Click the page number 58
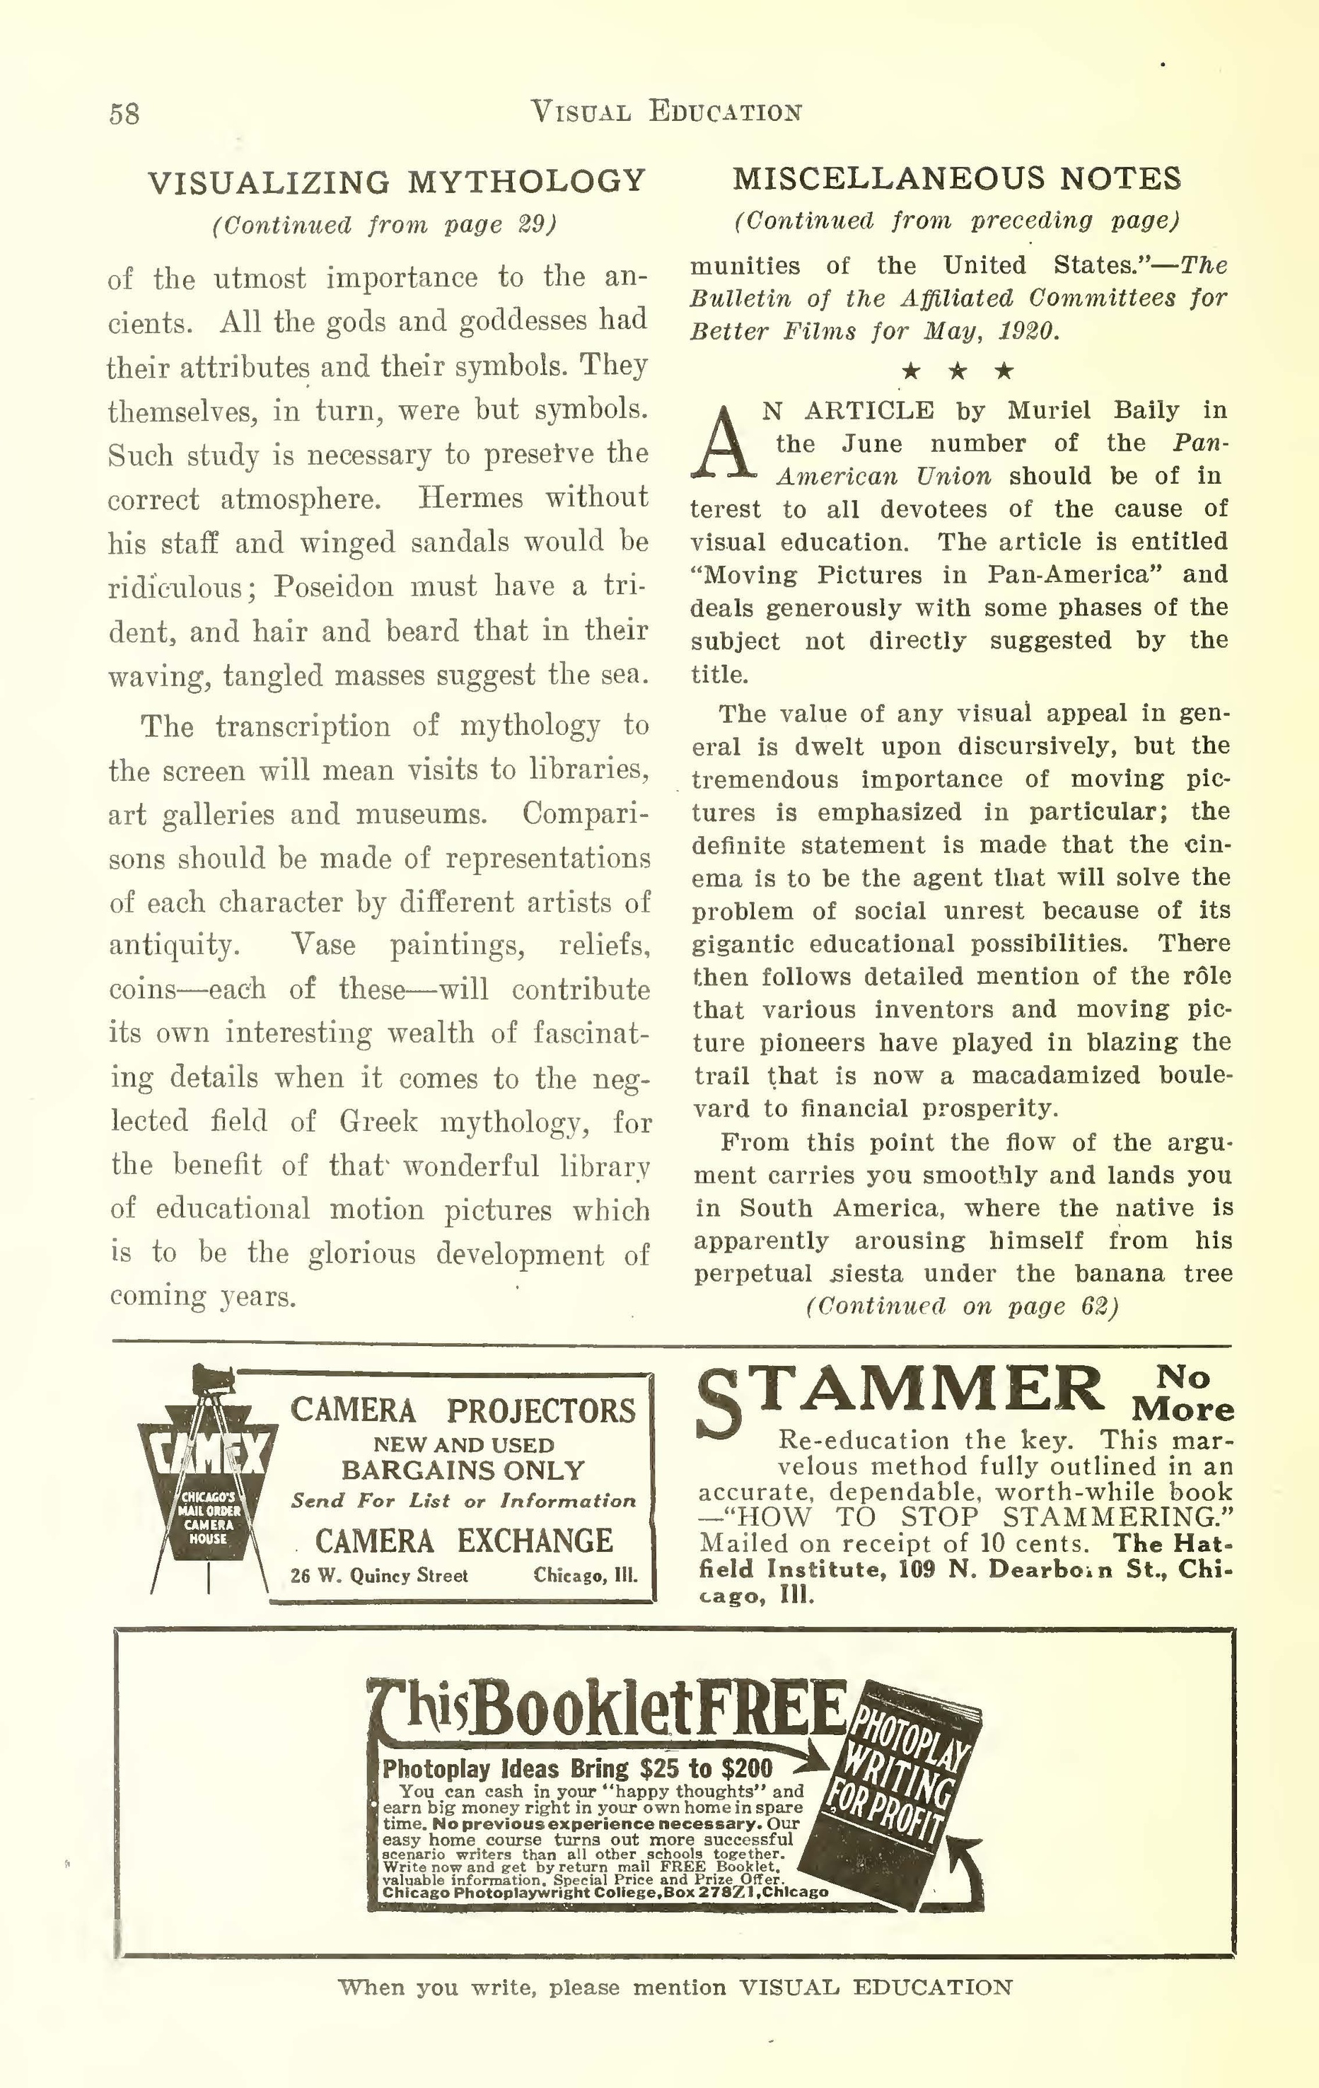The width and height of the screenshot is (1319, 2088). pos(124,114)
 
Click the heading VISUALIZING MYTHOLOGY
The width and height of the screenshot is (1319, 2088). pos(397,182)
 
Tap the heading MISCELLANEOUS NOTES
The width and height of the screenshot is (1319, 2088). pos(956,179)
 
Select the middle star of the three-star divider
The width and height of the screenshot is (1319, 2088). pos(958,372)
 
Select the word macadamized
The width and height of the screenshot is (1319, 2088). pos(1056,1076)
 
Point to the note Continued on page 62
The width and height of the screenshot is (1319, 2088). pos(961,1306)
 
